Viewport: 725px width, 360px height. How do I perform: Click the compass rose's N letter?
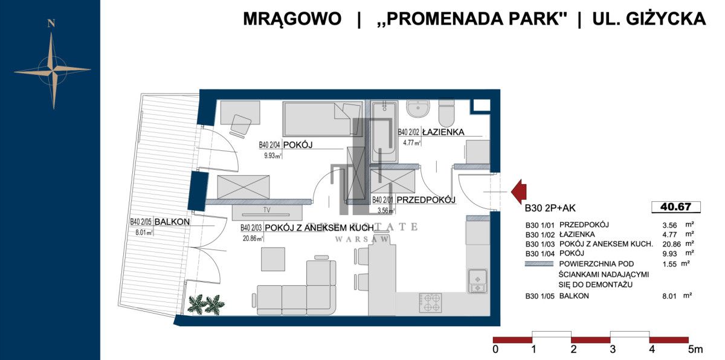(52, 24)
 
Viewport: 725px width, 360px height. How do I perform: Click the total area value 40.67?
(676, 207)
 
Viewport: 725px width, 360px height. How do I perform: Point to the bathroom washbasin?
(417, 109)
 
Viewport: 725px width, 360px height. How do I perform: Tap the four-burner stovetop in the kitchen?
(430, 302)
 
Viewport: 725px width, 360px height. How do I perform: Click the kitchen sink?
(477, 279)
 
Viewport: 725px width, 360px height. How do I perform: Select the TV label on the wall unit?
(266, 210)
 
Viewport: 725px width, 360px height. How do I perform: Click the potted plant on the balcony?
(205, 303)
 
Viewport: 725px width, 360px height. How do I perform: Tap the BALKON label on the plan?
(172, 222)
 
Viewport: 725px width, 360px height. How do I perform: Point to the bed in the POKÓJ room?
(320, 118)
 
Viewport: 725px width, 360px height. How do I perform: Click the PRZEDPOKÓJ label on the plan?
(425, 200)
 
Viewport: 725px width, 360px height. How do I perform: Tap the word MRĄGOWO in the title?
(292, 19)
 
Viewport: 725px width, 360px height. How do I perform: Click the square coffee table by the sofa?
(273, 259)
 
